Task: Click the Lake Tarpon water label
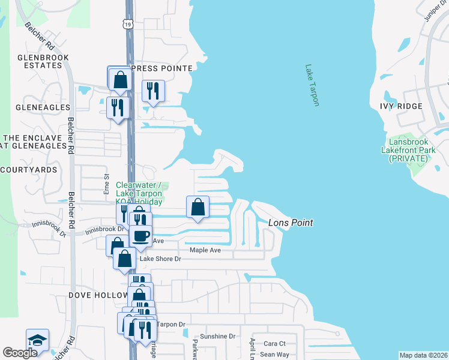click(312, 85)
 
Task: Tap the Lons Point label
click(291, 223)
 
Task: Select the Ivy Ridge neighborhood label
click(418, 106)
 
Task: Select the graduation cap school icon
click(37, 340)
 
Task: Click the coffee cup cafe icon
click(141, 236)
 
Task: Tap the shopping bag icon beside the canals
click(197, 208)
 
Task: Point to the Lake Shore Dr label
click(160, 259)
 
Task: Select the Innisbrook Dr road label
click(104, 229)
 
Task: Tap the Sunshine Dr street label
click(218, 337)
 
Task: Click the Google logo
click(20, 353)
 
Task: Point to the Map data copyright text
click(423, 355)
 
